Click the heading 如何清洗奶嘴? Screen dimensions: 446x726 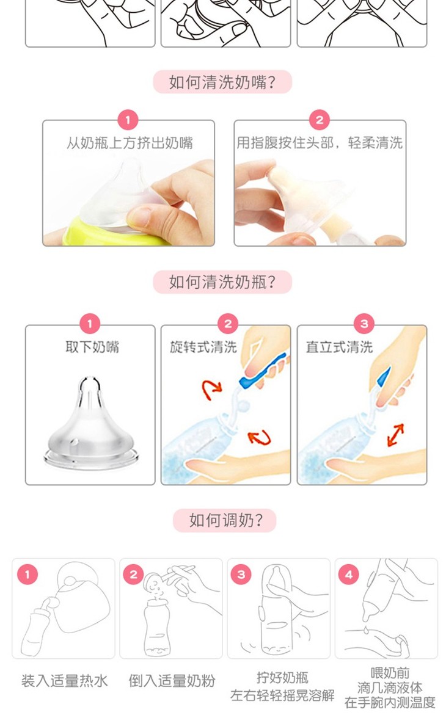(x=222, y=82)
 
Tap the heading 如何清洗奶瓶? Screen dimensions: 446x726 (x=222, y=281)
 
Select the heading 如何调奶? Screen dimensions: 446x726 (x=225, y=520)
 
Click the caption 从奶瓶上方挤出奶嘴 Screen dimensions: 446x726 (x=129, y=143)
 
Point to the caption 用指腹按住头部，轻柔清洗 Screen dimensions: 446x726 (x=320, y=143)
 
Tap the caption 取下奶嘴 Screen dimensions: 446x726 (x=92, y=347)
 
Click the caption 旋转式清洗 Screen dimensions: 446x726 (x=203, y=347)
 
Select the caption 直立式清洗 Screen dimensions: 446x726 (x=339, y=347)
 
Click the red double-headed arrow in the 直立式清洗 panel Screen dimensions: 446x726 (x=395, y=435)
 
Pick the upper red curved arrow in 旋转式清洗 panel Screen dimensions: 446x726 (x=211, y=390)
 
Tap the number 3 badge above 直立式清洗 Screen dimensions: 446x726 (x=364, y=324)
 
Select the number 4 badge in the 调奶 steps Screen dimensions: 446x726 (x=349, y=575)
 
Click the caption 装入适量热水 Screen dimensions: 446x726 (x=64, y=681)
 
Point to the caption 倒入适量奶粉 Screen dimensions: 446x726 (x=172, y=681)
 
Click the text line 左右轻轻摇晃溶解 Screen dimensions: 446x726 (x=282, y=695)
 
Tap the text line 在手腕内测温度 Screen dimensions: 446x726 (x=390, y=703)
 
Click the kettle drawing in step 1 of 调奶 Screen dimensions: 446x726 (x=79, y=597)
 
